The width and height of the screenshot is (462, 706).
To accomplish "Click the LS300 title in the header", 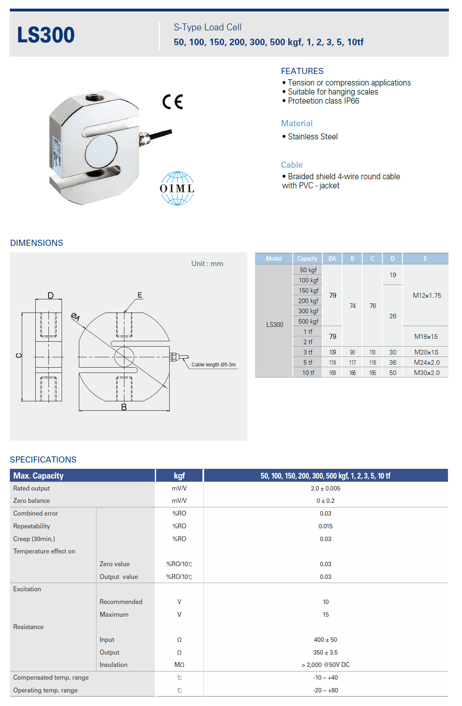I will [46, 35].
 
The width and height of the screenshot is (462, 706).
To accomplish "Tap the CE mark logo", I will [172, 102].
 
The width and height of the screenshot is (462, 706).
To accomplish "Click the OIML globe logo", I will [177, 188].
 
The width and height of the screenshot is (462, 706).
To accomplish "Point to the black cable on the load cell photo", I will [161, 135].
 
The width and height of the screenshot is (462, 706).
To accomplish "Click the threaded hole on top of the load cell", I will [95, 98].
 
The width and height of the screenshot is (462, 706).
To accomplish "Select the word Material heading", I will [297, 123].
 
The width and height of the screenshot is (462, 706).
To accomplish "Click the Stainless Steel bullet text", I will [313, 137].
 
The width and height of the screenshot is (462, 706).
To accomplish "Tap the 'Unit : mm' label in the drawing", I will [207, 264].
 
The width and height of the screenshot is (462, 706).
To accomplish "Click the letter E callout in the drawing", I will [140, 295].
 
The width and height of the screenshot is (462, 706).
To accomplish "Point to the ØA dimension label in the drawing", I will [76, 317].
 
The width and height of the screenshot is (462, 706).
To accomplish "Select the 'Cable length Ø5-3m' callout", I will [214, 365].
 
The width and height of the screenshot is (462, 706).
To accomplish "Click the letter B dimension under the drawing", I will [124, 407].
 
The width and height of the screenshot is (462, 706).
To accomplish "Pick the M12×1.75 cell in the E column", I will [427, 295].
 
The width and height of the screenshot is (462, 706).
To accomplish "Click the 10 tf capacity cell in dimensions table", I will [308, 373].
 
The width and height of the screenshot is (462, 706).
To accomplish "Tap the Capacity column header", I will [307, 259].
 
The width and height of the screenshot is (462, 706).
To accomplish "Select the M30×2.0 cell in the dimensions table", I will [427, 373].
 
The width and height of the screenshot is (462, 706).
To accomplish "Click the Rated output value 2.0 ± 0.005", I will [325, 488].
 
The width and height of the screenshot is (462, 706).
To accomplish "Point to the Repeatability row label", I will [32, 526].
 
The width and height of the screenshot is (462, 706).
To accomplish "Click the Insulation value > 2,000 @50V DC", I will [325, 664].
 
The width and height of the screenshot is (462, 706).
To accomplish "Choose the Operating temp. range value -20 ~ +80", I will [325, 690].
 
